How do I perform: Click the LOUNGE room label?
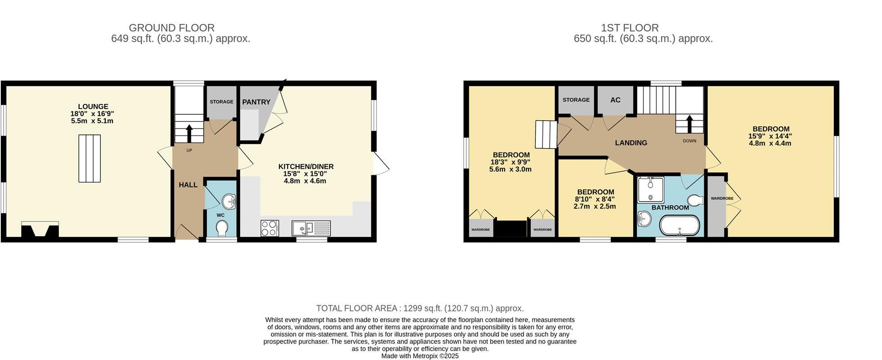point(93,107)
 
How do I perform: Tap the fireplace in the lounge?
point(40,229)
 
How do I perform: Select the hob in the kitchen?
point(269,228)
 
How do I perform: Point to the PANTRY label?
point(256,102)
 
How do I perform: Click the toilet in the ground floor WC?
point(221,229)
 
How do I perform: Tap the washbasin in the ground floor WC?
point(229,201)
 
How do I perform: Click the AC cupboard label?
point(615,100)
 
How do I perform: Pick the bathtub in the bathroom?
point(679,225)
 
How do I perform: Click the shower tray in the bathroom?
point(650,189)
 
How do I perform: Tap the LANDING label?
point(631,143)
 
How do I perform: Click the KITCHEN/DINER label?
point(306,166)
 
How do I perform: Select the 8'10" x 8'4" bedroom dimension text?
point(595,199)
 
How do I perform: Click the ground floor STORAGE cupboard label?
point(221,102)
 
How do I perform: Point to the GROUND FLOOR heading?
point(171,28)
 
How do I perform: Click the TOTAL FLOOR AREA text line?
point(420,308)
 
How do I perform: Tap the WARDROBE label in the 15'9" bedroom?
point(722,198)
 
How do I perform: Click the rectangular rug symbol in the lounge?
point(90,158)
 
